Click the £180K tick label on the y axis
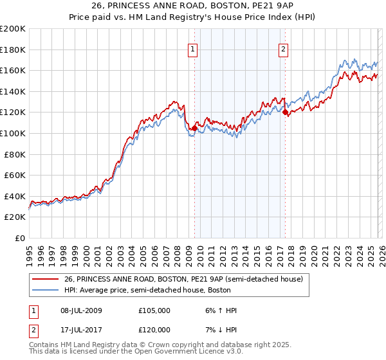[x=13, y=50]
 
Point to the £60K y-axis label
[x=15, y=175]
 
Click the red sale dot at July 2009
[x=194, y=128]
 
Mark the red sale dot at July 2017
[x=285, y=113]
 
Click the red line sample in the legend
[x=46, y=279]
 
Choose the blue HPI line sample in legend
[x=46, y=290]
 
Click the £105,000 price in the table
[x=154, y=310]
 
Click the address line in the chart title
[x=192, y=7]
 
